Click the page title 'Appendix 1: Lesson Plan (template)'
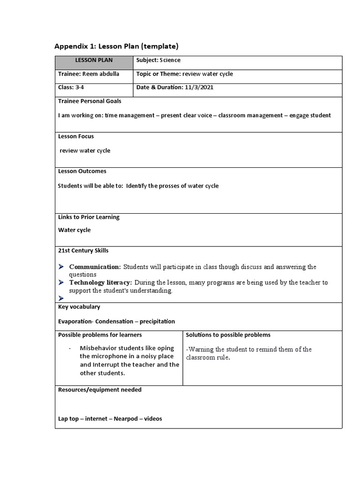coord(116,46)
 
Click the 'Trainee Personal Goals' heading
coord(90,101)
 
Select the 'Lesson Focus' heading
coord(76,136)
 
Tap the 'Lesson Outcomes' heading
coord(82,172)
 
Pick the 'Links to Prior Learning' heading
coord(89,217)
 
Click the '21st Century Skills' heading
coord(83,251)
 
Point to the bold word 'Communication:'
coord(95,267)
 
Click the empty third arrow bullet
coord(61,298)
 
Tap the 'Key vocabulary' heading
coord(79,307)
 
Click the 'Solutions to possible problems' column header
coord(228,335)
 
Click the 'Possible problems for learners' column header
coord(100,335)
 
